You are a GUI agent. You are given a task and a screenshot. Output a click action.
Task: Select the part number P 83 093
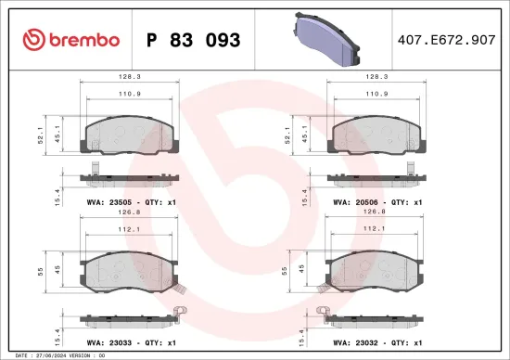pos(194,40)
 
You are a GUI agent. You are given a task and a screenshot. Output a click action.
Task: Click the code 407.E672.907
pos(446,40)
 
